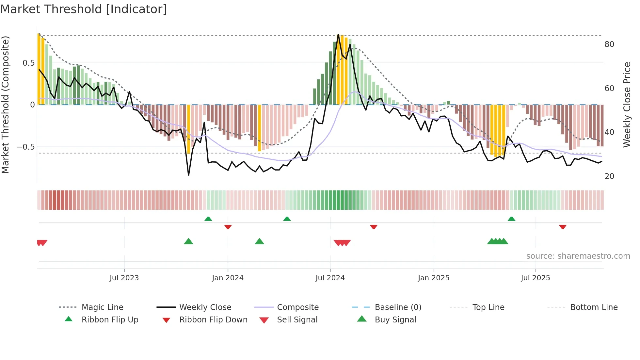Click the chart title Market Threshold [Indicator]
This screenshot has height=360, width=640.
pyautogui.click(x=84, y=9)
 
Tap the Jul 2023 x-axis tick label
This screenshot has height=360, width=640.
pyautogui.click(x=124, y=278)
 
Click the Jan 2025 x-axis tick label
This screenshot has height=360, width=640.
pyautogui.click(x=433, y=278)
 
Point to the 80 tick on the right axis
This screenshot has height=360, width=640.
pyautogui.click(x=609, y=44)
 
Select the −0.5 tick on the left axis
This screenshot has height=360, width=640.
pyautogui.click(x=25, y=147)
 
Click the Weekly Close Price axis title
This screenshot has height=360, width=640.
pyautogui.click(x=627, y=105)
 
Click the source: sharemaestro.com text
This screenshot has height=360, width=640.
pyautogui.click(x=578, y=256)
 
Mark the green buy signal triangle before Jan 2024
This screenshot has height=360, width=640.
pyautogui.click(x=188, y=241)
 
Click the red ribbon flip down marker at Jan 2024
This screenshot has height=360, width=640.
pyautogui.click(x=228, y=227)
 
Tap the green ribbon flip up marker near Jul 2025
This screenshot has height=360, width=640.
pyautogui.click(x=511, y=219)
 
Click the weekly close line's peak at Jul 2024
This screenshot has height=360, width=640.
pyautogui.click(x=338, y=34)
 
